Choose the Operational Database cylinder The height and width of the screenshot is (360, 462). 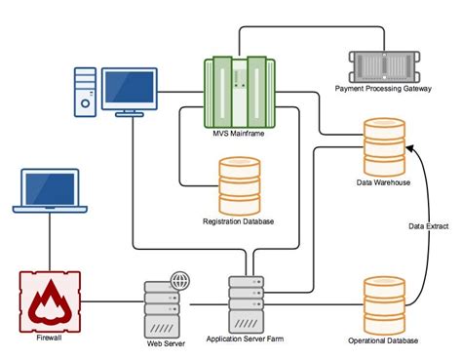coord(383,303)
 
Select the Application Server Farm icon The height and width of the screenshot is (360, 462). coord(245,303)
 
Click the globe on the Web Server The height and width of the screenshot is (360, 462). coord(179,280)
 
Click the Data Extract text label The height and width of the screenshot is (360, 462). coord(428,226)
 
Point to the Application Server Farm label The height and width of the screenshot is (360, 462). coord(246,340)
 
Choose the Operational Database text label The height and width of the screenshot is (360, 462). coord(383,340)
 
